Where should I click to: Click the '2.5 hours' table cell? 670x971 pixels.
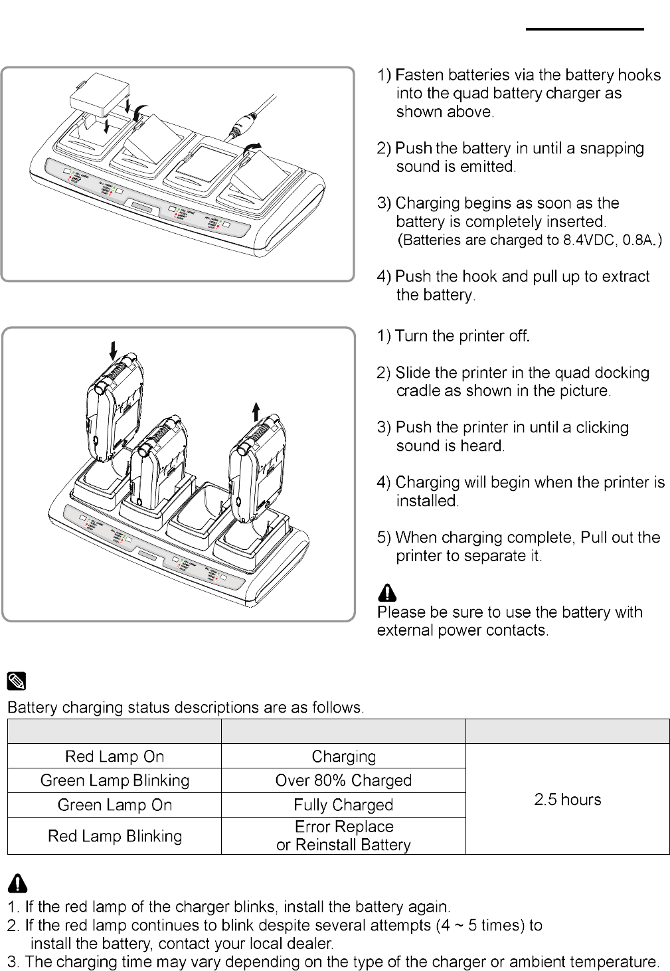[567, 799]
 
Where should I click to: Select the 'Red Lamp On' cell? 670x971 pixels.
[114, 756]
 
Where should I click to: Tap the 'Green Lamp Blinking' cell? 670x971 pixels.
[114, 780]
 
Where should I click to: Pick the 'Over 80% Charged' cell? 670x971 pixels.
[343, 780]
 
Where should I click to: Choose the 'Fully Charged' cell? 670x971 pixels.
[343, 805]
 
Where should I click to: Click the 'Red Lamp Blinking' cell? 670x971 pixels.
[114, 836]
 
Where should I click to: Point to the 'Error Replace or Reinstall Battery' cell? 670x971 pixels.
[343, 836]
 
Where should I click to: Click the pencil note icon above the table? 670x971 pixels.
[17, 681]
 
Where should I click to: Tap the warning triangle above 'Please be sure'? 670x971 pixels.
[387, 592]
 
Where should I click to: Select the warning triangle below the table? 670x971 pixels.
[18, 883]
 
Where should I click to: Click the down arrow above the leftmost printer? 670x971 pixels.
[114, 350]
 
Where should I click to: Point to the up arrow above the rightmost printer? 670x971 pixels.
[256, 411]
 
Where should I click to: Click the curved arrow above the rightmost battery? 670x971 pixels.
[252, 147]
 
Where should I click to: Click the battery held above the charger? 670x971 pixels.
[100, 98]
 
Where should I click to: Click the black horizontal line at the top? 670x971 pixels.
[584, 29]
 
